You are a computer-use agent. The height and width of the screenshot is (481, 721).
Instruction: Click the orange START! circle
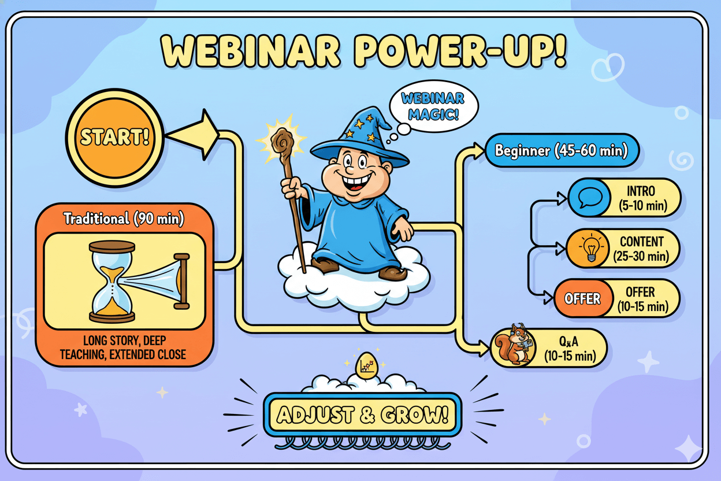(x=114, y=138)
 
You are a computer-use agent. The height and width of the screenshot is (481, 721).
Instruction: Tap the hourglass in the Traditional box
(x=112, y=281)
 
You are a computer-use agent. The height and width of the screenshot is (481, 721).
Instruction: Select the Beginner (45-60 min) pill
(x=562, y=150)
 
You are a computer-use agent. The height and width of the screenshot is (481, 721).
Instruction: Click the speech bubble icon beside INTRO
(x=590, y=198)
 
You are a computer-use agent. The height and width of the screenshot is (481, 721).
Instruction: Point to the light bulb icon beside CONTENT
(x=588, y=248)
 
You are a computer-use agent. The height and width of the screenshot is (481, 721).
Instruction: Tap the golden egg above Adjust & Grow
(x=366, y=365)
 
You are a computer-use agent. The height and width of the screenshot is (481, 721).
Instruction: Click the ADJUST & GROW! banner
(x=362, y=415)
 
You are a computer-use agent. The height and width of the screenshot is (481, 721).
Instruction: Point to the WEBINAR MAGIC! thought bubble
(x=433, y=106)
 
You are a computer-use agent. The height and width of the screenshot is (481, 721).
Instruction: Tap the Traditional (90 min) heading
(x=124, y=219)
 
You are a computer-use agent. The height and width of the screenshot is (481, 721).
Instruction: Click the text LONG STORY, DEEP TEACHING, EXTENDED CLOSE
(x=123, y=347)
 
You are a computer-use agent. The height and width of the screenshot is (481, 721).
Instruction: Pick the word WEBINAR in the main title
(x=250, y=52)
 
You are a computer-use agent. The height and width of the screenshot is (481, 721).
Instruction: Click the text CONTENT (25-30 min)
(x=641, y=249)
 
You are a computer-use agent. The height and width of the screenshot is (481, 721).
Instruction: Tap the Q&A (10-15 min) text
(x=570, y=349)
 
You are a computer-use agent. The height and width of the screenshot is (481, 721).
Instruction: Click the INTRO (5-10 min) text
(x=643, y=198)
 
